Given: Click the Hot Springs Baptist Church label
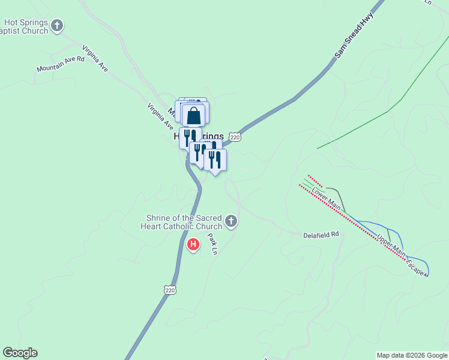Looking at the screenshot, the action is tap(25, 27).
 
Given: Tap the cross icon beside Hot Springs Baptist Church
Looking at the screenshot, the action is tap(57, 25).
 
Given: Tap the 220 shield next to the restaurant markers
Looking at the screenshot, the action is tap(235, 137).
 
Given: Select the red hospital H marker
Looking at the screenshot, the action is tap(193, 245).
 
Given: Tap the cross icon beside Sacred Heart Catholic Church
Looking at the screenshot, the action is tap(231, 222).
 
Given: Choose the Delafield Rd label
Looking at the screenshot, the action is tap(321, 234).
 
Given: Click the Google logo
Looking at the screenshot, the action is tap(20, 353).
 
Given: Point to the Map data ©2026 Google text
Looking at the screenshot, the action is tap(412, 355).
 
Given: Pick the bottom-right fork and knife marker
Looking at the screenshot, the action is tap(215, 160).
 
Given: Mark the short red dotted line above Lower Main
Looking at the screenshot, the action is tap(316, 181).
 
